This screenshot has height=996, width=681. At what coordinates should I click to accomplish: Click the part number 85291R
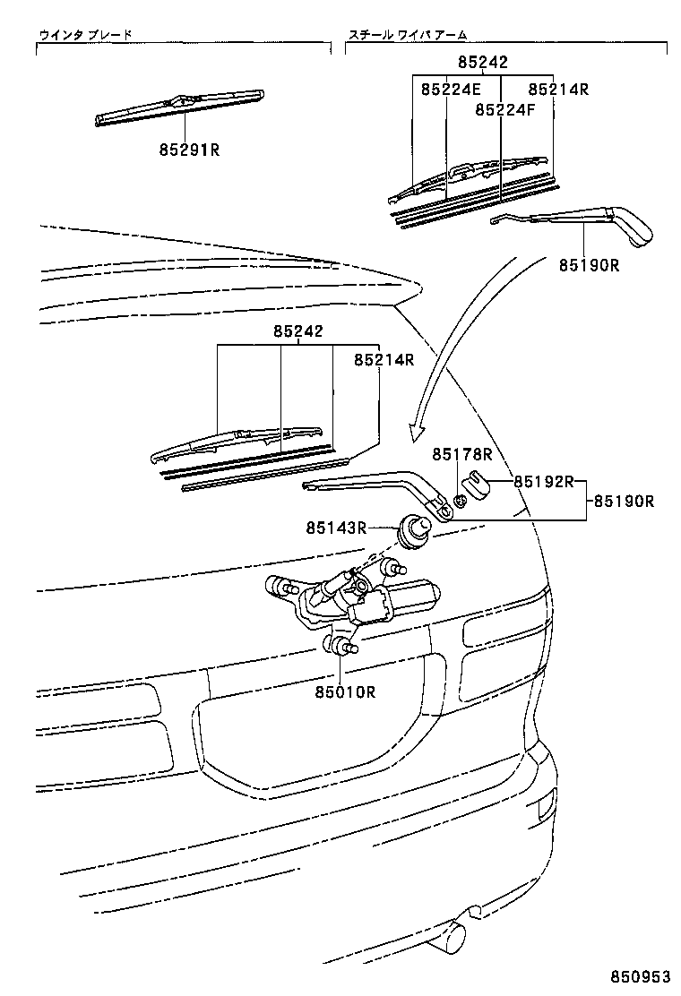click(x=189, y=150)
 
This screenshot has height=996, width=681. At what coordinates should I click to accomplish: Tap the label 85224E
click(x=451, y=90)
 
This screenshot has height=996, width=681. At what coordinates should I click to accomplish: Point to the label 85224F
click(x=504, y=109)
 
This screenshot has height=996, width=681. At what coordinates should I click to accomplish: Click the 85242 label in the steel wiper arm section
click(x=482, y=63)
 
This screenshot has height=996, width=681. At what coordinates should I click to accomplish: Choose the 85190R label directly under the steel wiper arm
click(x=590, y=265)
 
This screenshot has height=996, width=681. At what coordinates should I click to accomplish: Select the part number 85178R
click(x=463, y=455)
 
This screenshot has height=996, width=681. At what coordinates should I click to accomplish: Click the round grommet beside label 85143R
click(x=414, y=528)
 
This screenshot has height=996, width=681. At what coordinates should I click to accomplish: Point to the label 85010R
click(x=344, y=691)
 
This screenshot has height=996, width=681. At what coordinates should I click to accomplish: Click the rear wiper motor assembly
click(x=358, y=600)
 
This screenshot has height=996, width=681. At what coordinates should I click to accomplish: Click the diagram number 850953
click(x=641, y=975)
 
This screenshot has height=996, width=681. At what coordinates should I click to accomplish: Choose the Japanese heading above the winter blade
click(x=85, y=35)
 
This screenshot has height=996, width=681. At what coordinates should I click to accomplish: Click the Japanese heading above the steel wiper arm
click(x=408, y=35)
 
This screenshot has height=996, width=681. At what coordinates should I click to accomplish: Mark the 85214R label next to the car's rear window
click(x=384, y=359)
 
